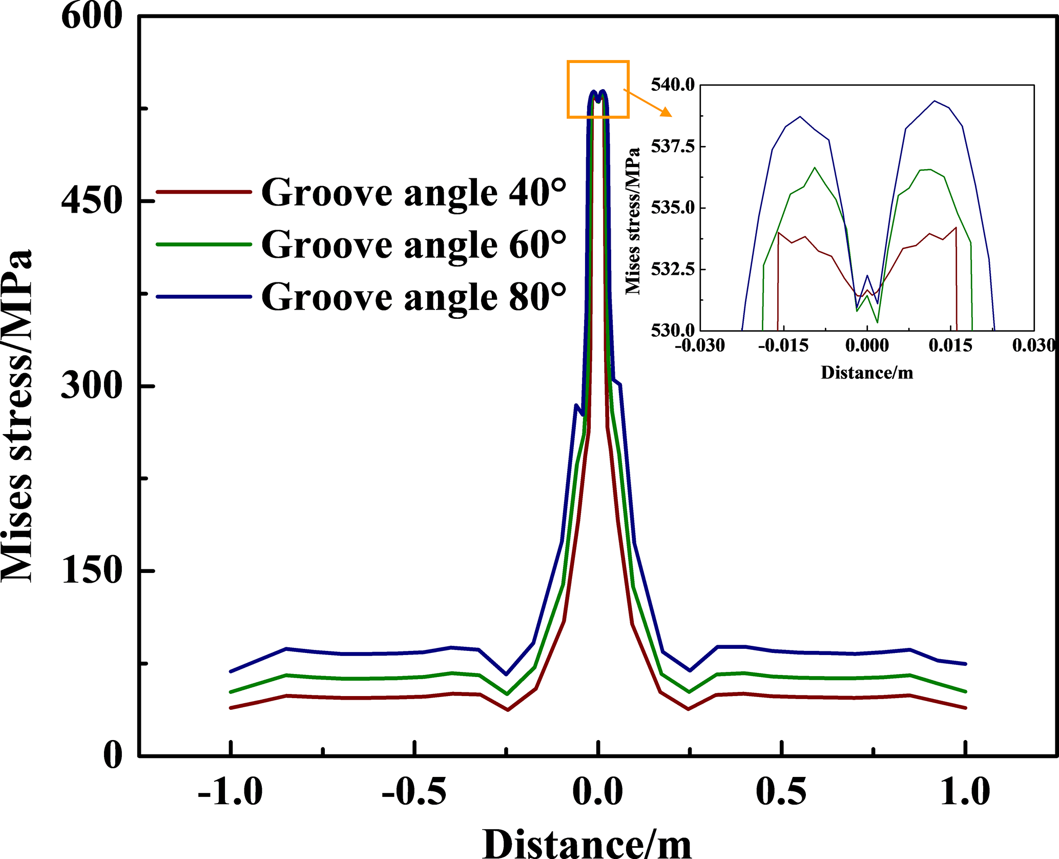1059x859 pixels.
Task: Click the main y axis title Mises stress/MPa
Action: pos(17,415)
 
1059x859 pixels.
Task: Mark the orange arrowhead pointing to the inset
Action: pos(666,112)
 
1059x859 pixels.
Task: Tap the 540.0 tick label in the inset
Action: pos(672,85)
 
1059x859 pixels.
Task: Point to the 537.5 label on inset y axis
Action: pos(672,147)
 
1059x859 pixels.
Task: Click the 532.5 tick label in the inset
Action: pos(672,269)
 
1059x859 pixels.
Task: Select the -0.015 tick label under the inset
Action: pos(783,345)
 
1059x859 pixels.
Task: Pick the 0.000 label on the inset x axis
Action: pos(867,345)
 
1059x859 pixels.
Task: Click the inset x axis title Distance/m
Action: pos(867,373)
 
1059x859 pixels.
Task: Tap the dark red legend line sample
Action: pos(203,192)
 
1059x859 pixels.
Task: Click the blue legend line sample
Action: pos(203,296)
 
